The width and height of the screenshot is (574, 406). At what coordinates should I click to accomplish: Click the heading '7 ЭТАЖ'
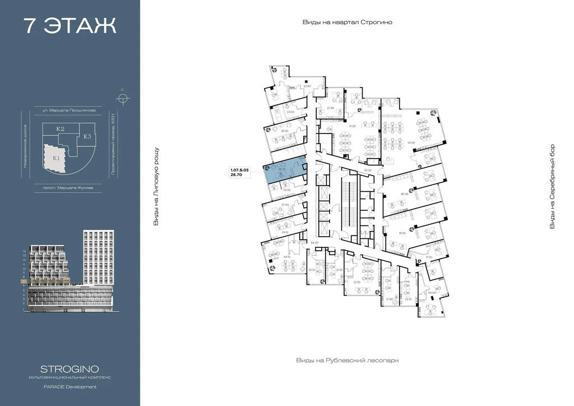point(70,26)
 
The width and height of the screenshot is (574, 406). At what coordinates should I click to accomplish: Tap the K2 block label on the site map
point(61,129)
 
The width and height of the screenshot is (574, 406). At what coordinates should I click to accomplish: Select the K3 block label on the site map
point(88,136)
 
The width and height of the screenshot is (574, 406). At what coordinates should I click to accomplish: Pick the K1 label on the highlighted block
point(57,158)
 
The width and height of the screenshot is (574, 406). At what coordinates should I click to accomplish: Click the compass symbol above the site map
point(122,98)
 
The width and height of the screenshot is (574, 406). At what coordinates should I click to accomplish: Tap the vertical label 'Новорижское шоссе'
point(25,146)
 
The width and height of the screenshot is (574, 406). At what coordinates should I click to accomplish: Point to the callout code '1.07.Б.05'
point(239,169)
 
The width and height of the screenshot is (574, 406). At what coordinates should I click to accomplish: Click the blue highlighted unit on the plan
point(285,172)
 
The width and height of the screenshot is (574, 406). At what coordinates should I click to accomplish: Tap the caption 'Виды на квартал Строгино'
point(347,22)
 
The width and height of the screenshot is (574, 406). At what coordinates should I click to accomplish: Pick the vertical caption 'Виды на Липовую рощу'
point(157,187)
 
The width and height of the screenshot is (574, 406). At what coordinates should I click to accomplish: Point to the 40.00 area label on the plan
point(432,293)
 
